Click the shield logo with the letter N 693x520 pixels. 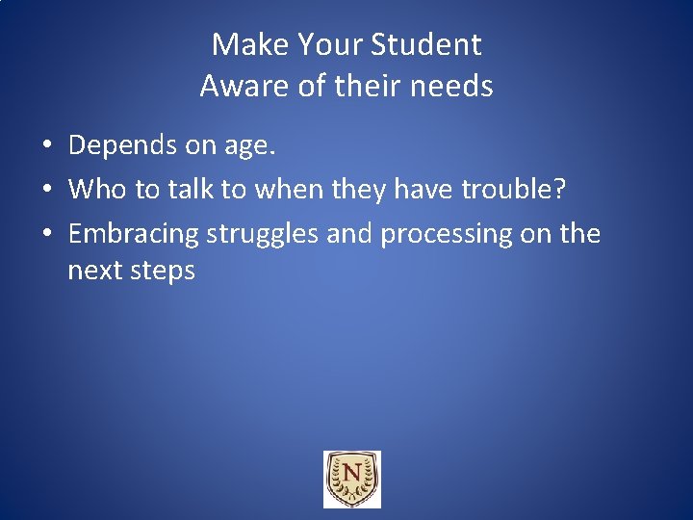click(x=351, y=479)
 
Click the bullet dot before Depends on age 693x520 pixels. click(x=46, y=146)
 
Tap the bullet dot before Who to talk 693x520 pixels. click(x=46, y=190)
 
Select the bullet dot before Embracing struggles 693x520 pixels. click(x=46, y=234)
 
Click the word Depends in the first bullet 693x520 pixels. click(x=124, y=146)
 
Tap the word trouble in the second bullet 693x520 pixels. click(x=516, y=189)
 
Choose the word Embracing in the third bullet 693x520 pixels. click(x=134, y=234)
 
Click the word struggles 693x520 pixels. click(x=264, y=234)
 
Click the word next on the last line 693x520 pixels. click(x=93, y=271)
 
